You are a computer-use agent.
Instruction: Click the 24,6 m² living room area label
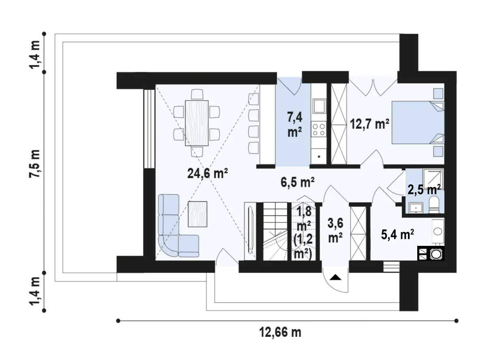pos(207,174)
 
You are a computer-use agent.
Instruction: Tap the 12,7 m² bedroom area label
pos(369,124)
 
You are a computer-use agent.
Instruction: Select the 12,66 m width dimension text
pos(280,332)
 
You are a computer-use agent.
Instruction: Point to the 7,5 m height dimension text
pos(34,164)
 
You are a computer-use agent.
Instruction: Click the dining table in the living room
pos(197,123)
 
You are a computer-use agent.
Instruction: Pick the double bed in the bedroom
pos(418,123)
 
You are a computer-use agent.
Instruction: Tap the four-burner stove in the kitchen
pos(319,130)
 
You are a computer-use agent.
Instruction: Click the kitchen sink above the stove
pos(319,106)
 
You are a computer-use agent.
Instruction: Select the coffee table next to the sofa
pos(197,214)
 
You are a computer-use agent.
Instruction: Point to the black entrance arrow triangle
pos(335,277)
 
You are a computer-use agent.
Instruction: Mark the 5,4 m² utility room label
pos(397,234)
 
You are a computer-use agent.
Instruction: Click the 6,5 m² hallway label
pos(297,182)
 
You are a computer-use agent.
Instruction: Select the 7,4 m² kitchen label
pos(295,124)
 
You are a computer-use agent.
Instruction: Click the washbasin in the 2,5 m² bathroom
pos(416,208)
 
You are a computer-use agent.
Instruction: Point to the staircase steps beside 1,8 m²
pos(275,232)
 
